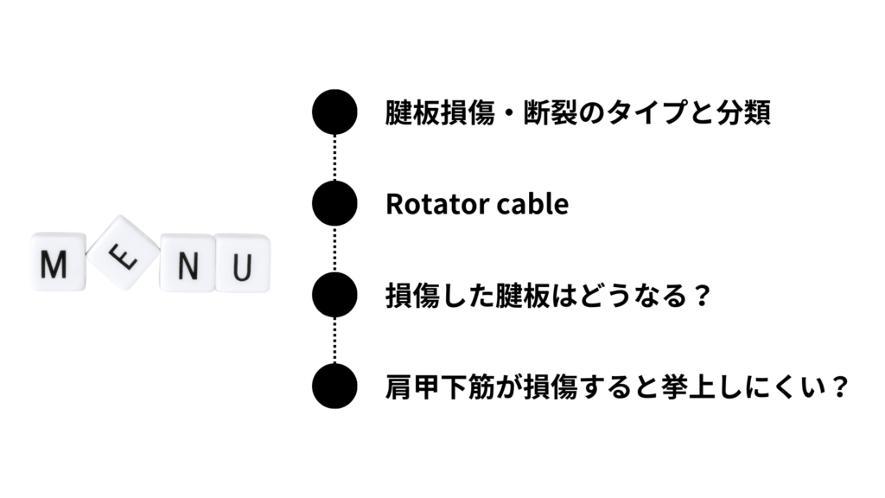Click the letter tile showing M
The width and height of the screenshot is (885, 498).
click(x=58, y=262)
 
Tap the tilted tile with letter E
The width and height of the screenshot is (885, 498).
click(x=123, y=252)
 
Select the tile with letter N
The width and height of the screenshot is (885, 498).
click(x=188, y=263)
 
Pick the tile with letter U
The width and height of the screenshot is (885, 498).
click(x=242, y=263)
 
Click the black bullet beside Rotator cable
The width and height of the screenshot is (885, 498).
click(x=334, y=203)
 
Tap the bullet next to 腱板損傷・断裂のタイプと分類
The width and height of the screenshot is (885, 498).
click(x=334, y=112)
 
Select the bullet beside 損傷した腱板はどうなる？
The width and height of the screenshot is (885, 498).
click(x=334, y=295)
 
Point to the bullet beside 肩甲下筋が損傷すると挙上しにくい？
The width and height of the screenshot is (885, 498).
click(x=334, y=386)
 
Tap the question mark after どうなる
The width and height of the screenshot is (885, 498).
click(x=702, y=296)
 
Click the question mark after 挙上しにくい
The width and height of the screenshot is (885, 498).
click(x=840, y=387)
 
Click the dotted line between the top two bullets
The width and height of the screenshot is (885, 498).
click(x=334, y=157)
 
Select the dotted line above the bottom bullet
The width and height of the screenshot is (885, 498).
click(x=334, y=341)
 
